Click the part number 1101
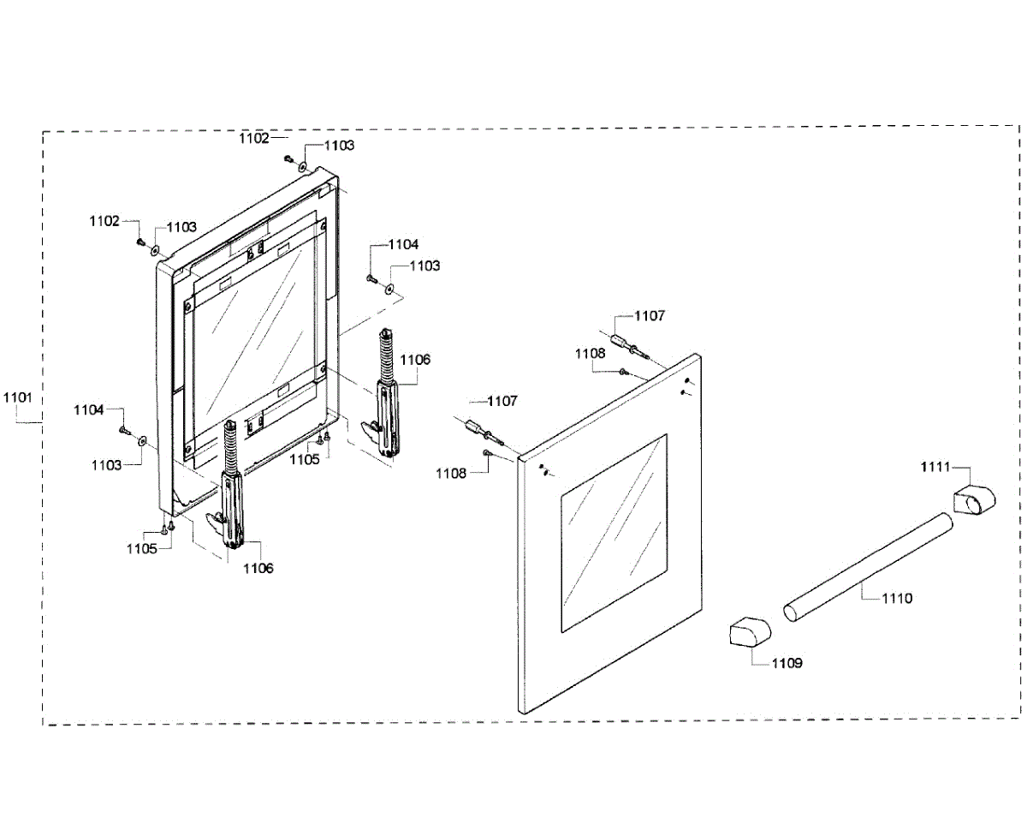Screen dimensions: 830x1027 pyautogui.click(x=17, y=397)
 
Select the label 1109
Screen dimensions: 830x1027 pyautogui.click(x=787, y=662)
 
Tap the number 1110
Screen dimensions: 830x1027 pyautogui.click(x=896, y=598)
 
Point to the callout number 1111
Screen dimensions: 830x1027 pyautogui.click(x=935, y=466)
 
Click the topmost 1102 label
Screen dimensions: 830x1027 pyautogui.click(x=254, y=137)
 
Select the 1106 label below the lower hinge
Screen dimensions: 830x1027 pyautogui.click(x=258, y=567)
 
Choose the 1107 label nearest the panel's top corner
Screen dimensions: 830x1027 pyautogui.click(x=649, y=316)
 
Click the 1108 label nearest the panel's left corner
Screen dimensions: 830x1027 pyautogui.click(x=451, y=473)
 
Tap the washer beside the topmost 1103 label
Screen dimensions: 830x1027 pyautogui.click(x=303, y=162)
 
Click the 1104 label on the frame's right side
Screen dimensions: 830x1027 pyautogui.click(x=402, y=244)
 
